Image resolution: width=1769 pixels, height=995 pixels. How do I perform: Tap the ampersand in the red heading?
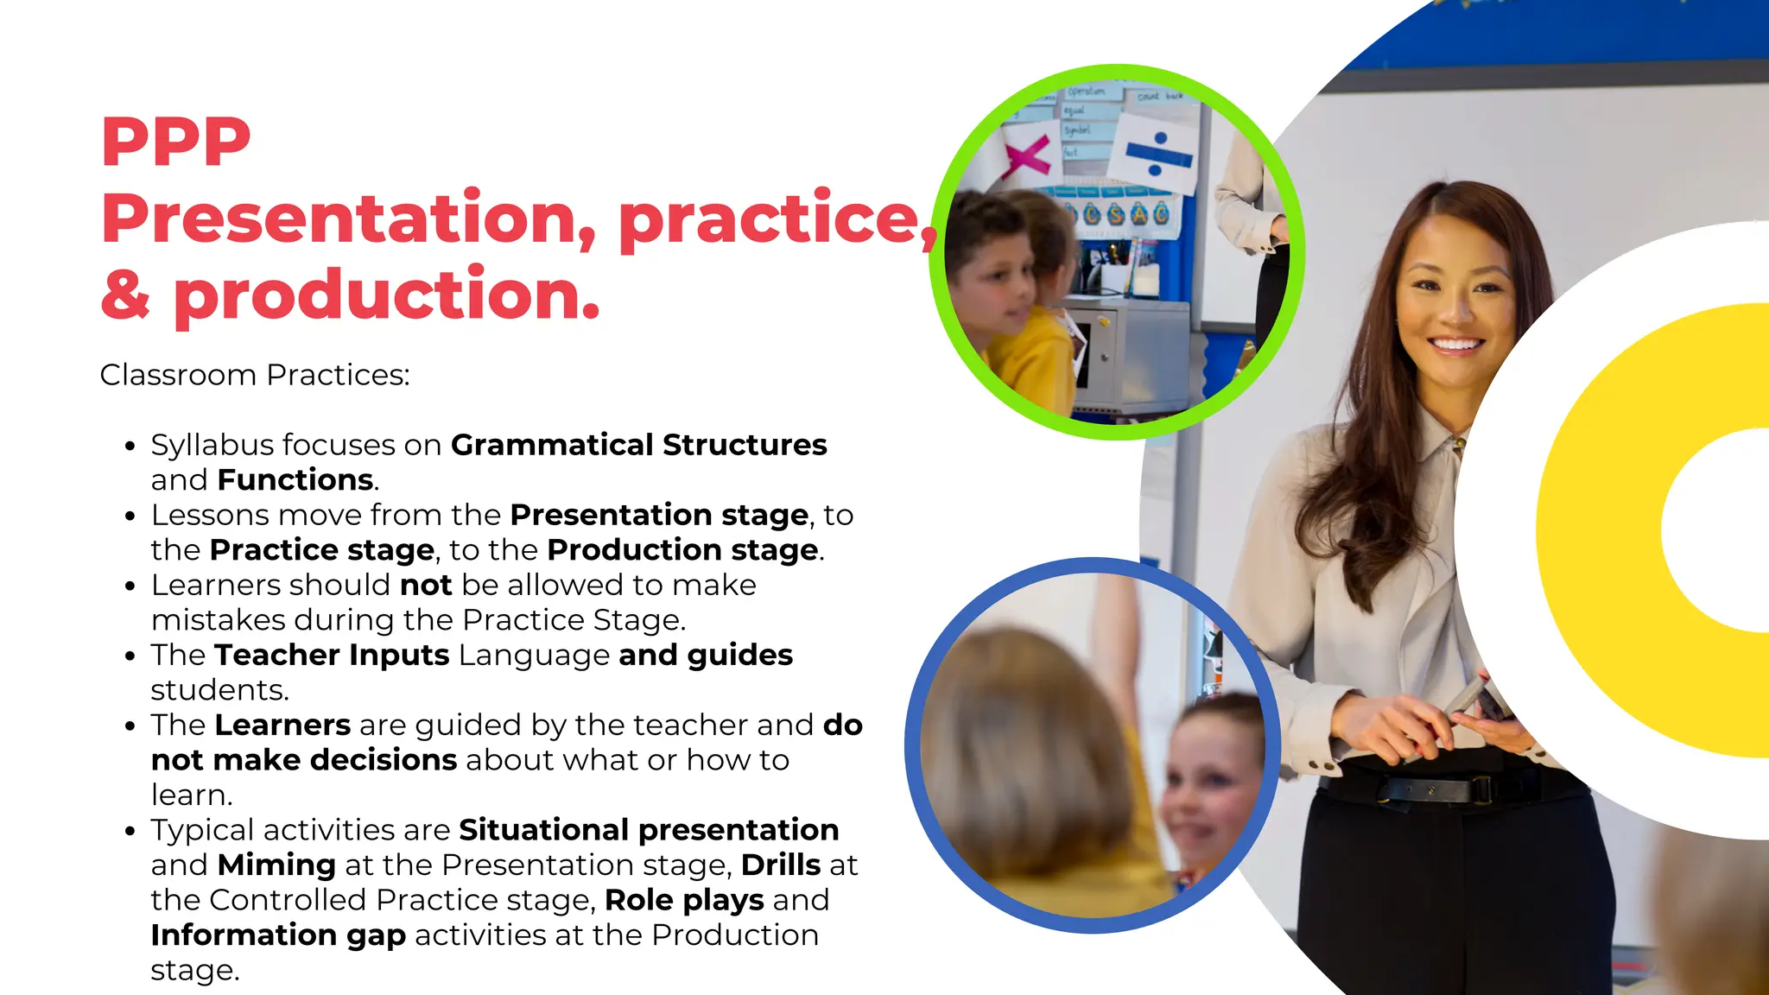(125, 294)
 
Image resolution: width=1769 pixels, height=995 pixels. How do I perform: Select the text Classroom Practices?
(255, 375)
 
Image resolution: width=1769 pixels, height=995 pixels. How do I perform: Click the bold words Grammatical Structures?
(638, 445)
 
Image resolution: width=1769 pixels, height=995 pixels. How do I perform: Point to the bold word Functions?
(295, 479)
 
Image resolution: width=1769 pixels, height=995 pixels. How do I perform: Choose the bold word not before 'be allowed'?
(426, 585)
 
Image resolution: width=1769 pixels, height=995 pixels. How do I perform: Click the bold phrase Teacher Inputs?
(332, 655)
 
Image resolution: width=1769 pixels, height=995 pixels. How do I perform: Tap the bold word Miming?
(276, 865)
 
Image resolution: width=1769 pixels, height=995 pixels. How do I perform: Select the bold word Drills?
(781, 865)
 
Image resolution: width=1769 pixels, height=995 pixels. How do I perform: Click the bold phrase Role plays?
(684, 900)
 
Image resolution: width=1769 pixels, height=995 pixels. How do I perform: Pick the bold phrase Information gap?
(278, 935)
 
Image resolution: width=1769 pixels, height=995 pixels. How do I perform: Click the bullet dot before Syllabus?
(130, 447)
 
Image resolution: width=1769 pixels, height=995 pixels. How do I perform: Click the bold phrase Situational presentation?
(649, 830)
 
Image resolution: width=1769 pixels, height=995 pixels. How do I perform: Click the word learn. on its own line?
(192, 795)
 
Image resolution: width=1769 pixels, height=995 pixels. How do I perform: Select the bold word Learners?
(282, 725)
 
